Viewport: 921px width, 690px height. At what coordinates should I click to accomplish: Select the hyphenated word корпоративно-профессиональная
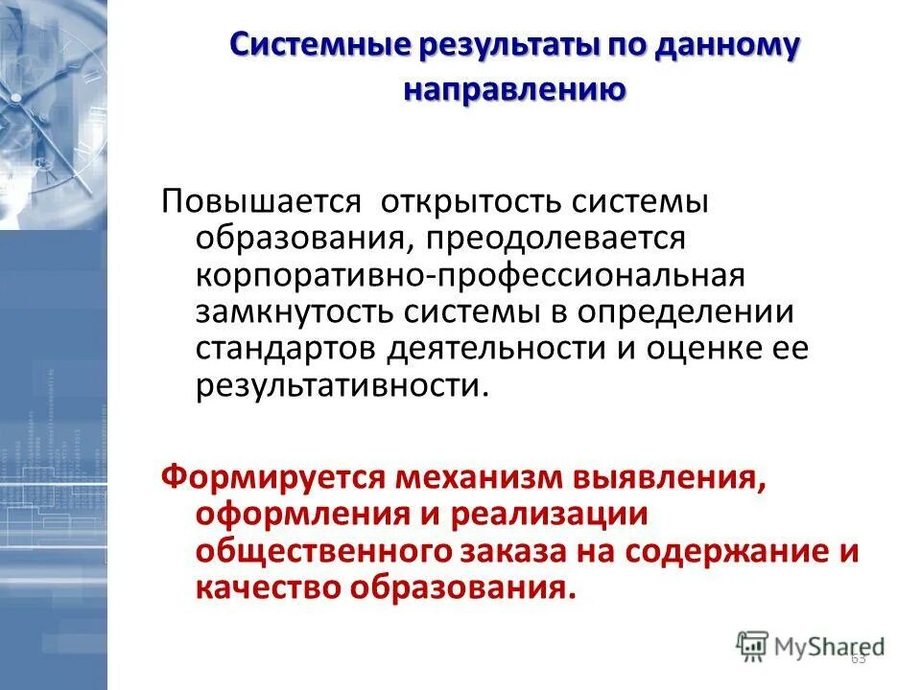coord(470,275)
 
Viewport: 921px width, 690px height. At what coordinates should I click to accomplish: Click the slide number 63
coord(859,657)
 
